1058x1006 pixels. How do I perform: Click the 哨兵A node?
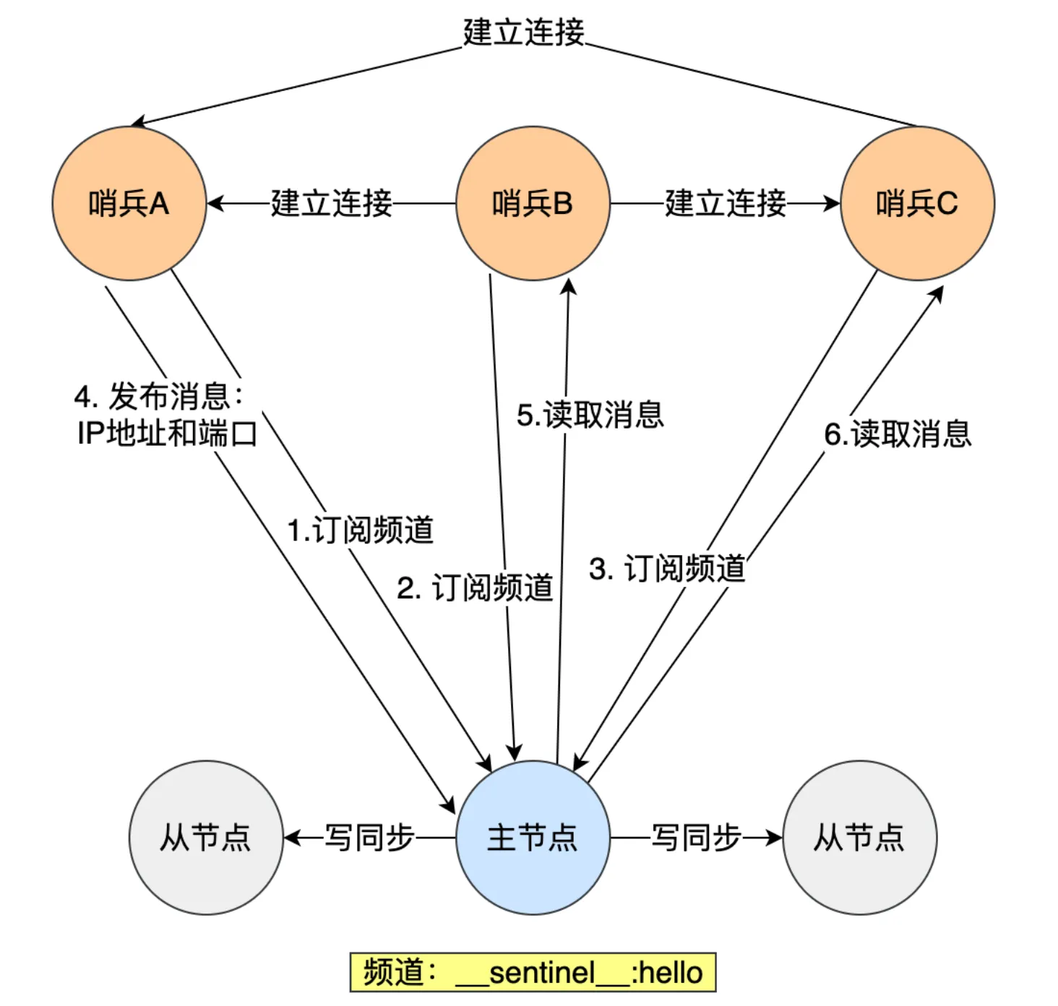click(x=129, y=204)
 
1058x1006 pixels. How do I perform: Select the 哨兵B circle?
click(x=533, y=204)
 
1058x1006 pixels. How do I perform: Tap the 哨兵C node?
click(x=917, y=204)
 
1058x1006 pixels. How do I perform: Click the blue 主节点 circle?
click(x=533, y=838)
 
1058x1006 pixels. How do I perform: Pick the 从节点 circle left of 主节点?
click(x=206, y=838)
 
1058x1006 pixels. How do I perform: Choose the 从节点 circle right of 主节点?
click(x=859, y=838)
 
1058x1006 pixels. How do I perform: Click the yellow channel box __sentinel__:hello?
click(x=533, y=973)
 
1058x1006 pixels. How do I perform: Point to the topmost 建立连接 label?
click(x=523, y=33)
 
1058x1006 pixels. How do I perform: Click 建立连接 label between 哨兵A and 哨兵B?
click(x=332, y=204)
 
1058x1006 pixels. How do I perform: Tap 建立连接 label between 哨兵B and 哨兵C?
click(x=726, y=204)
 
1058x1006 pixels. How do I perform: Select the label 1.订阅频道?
click(x=361, y=530)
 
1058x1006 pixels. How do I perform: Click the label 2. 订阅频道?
click(x=475, y=588)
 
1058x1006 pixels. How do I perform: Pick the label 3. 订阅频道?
click(x=667, y=569)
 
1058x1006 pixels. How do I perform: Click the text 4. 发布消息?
click(x=159, y=397)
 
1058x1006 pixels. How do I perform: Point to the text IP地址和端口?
click(x=167, y=434)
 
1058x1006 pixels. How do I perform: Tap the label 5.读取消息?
click(x=590, y=416)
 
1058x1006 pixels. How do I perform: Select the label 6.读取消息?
click(x=898, y=434)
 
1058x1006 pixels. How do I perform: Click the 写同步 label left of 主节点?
click(x=369, y=838)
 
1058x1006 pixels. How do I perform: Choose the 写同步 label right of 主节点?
click(x=696, y=838)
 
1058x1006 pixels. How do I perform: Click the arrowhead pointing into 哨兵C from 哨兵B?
click(x=833, y=204)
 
